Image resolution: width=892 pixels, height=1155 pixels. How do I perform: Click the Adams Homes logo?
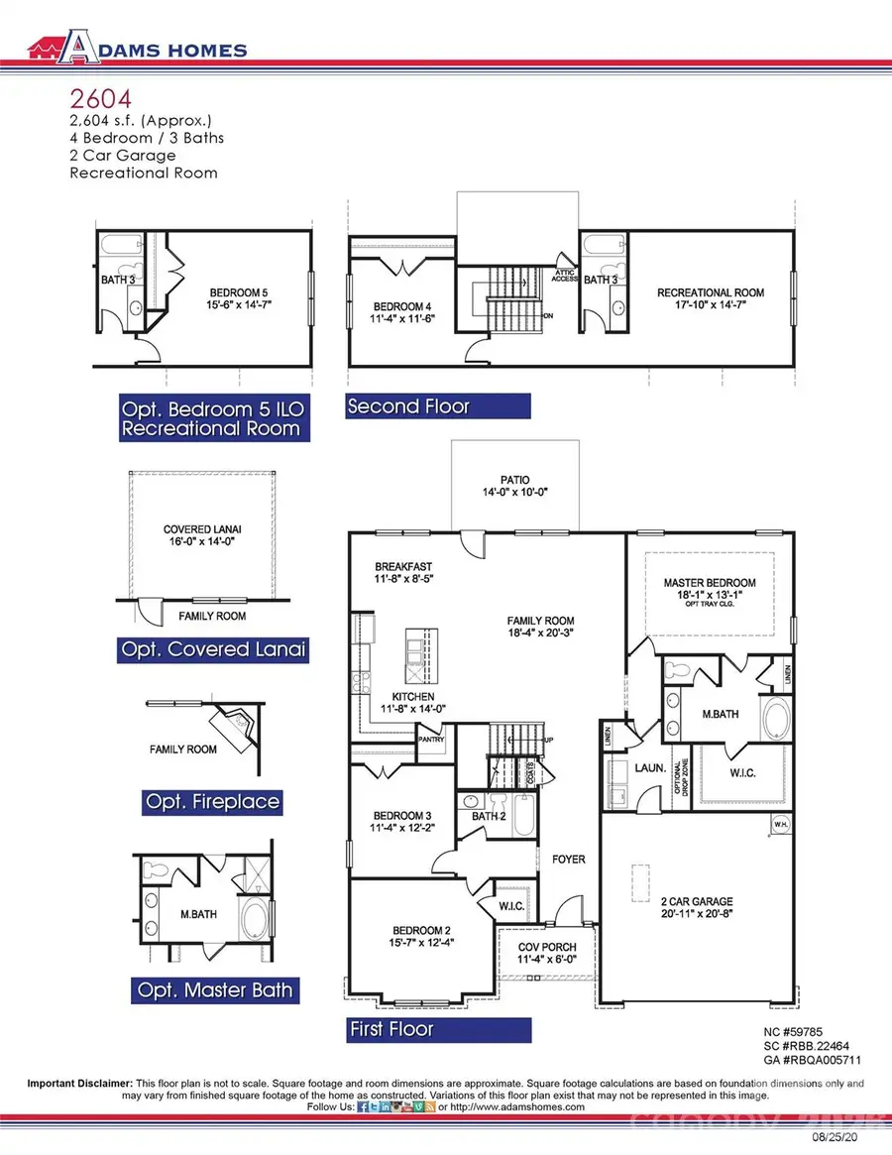click(x=138, y=49)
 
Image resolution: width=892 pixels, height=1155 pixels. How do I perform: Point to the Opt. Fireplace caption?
click(x=212, y=801)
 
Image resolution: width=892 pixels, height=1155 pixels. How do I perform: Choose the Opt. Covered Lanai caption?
click(x=213, y=650)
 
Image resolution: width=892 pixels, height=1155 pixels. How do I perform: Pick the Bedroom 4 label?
click(x=403, y=313)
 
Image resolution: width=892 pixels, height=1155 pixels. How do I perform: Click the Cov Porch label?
click(x=547, y=952)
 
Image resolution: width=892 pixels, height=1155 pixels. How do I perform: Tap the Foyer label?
click(x=569, y=860)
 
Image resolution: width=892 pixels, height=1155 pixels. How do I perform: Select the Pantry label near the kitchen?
click(x=432, y=739)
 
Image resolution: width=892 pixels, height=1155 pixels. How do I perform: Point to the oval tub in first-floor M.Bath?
click(x=773, y=719)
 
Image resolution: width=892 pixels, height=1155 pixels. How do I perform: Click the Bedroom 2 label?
click(x=421, y=936)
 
